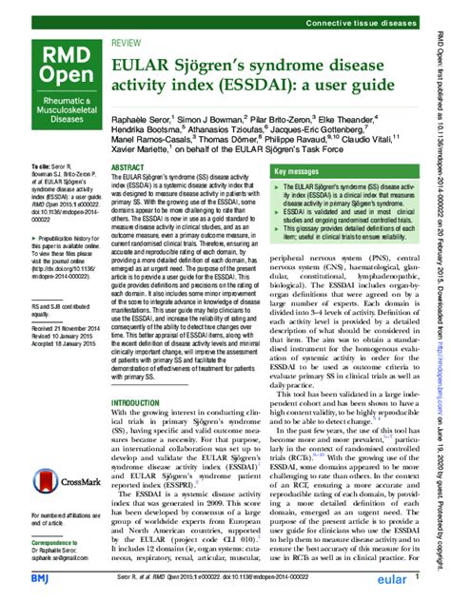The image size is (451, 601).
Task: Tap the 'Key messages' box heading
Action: [302, 171]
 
